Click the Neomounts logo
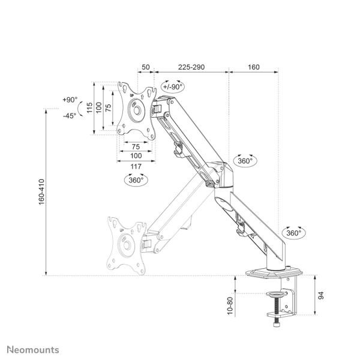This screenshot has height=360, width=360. [x=33, y=350]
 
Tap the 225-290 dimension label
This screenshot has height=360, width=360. [x=191, y=67]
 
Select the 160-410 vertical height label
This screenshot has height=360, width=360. [x=41, y=192]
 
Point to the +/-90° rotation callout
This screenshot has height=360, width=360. [x=173, y=86]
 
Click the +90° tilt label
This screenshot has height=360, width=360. [x=70, y=100]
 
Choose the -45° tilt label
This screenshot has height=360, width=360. [x=70, y=116]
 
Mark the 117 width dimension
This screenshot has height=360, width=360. [x=136, y=166]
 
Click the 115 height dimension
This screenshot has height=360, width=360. [x=90, y=107]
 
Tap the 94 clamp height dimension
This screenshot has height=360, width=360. [x=321, y=295]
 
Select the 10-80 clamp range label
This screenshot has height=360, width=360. [x=230, y=306]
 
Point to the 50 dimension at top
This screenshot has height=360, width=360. [x=146, y=67]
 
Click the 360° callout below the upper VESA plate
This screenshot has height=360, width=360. [x=136, y=180]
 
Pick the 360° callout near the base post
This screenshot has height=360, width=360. [x=293, y=233]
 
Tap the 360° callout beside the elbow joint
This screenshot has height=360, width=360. [x=245, y=161]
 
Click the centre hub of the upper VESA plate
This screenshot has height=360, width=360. [x=137, y=110]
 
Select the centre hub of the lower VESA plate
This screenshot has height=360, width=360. [x=127, y=245]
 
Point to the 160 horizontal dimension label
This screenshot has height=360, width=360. [x=253, y=67]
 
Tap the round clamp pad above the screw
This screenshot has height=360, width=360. [x=277, y=293]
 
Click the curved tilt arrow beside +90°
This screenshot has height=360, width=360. [x=80, y=109]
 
